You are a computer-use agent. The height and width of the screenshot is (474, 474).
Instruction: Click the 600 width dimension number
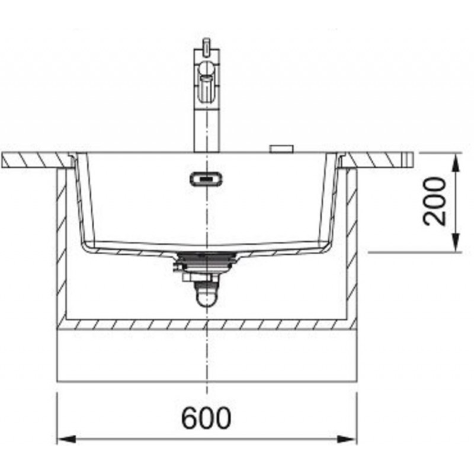(206, 418)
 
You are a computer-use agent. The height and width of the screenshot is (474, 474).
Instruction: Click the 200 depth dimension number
(435, 201)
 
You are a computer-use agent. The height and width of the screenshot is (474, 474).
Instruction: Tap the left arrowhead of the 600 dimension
(66, 439)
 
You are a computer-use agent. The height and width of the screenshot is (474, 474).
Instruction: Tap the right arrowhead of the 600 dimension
(348, 439)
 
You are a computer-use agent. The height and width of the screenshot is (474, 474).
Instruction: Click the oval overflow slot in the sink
(206, 179)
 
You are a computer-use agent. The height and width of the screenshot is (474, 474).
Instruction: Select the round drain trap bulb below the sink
(206, 297)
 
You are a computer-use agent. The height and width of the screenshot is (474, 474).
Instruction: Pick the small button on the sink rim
(282, 149)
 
